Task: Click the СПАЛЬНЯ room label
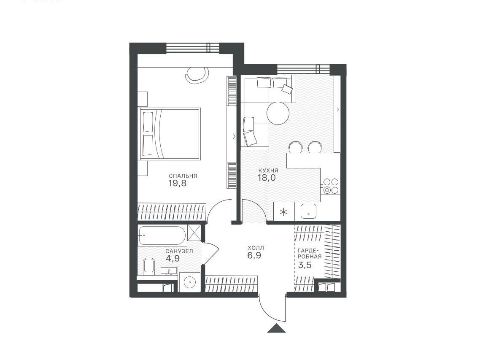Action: coord(183,176)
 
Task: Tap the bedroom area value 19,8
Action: coord(177,183)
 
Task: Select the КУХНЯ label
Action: coord(268,171)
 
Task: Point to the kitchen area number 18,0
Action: coord(267,178)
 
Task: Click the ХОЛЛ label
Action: coord(256,248)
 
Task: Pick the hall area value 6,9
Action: coord(254,255)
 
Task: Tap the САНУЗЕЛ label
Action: coord(179,251)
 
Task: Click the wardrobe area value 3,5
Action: coord(305,265)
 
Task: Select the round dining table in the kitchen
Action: coord(278,113)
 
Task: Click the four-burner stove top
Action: coord(331,186)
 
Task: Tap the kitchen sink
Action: coord(309,211)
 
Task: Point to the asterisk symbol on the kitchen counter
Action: coord(284,212)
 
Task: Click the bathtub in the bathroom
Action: coord(162,235)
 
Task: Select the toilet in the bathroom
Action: coord(149,265)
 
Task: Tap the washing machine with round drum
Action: coord(190,282)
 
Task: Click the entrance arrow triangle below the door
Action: coord(276,328)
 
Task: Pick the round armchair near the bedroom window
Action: coord(198,74)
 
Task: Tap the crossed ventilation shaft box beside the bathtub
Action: coord(194,232)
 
